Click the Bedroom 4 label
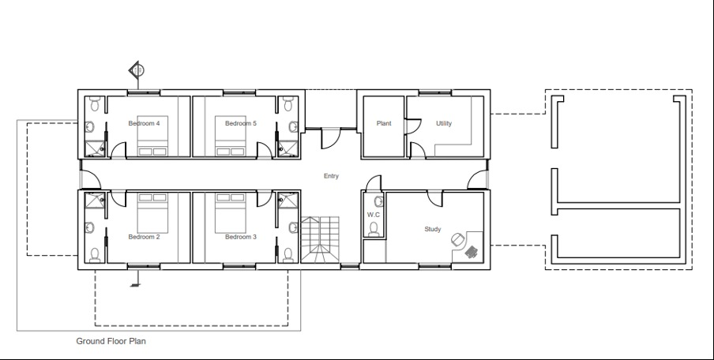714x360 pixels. pos(144,123)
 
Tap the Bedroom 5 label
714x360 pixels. pos(240,123)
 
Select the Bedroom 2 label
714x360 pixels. pos(144,237)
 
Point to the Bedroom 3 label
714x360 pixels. pos(240,237)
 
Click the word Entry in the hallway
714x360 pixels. pos(331,176)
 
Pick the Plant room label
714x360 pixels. pos(384,123)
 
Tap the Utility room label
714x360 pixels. pos(444,123)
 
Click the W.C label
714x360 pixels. pos(374,215)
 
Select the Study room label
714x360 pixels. pos(433,230)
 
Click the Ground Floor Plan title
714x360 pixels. pos(111,342)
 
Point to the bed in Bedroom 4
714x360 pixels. pos(152,142)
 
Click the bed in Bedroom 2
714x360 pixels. pos(152,209)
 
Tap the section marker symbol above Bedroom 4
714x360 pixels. pos(137,71)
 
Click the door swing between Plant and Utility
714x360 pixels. pos(411,127)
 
